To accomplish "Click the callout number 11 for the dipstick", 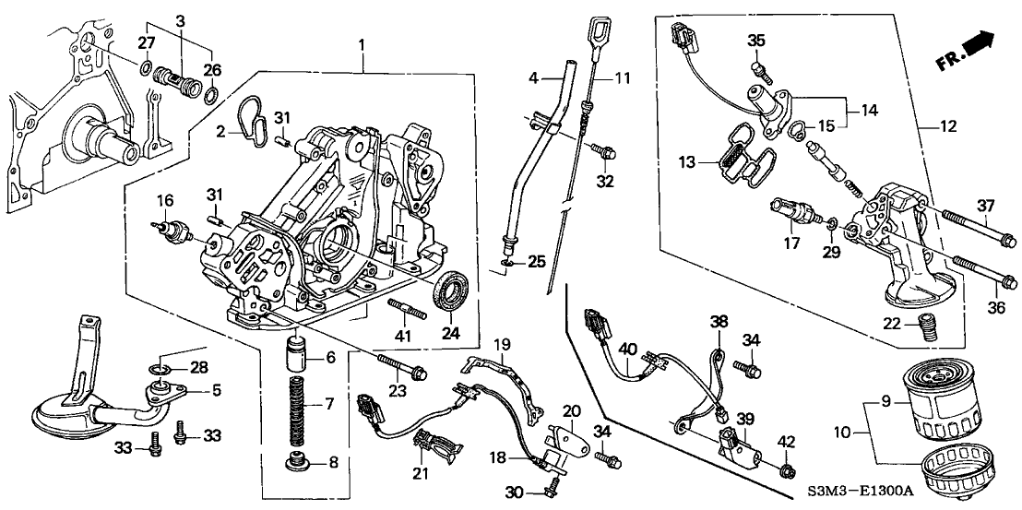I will pos(622,78).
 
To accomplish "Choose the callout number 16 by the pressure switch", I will pos(164,199).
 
